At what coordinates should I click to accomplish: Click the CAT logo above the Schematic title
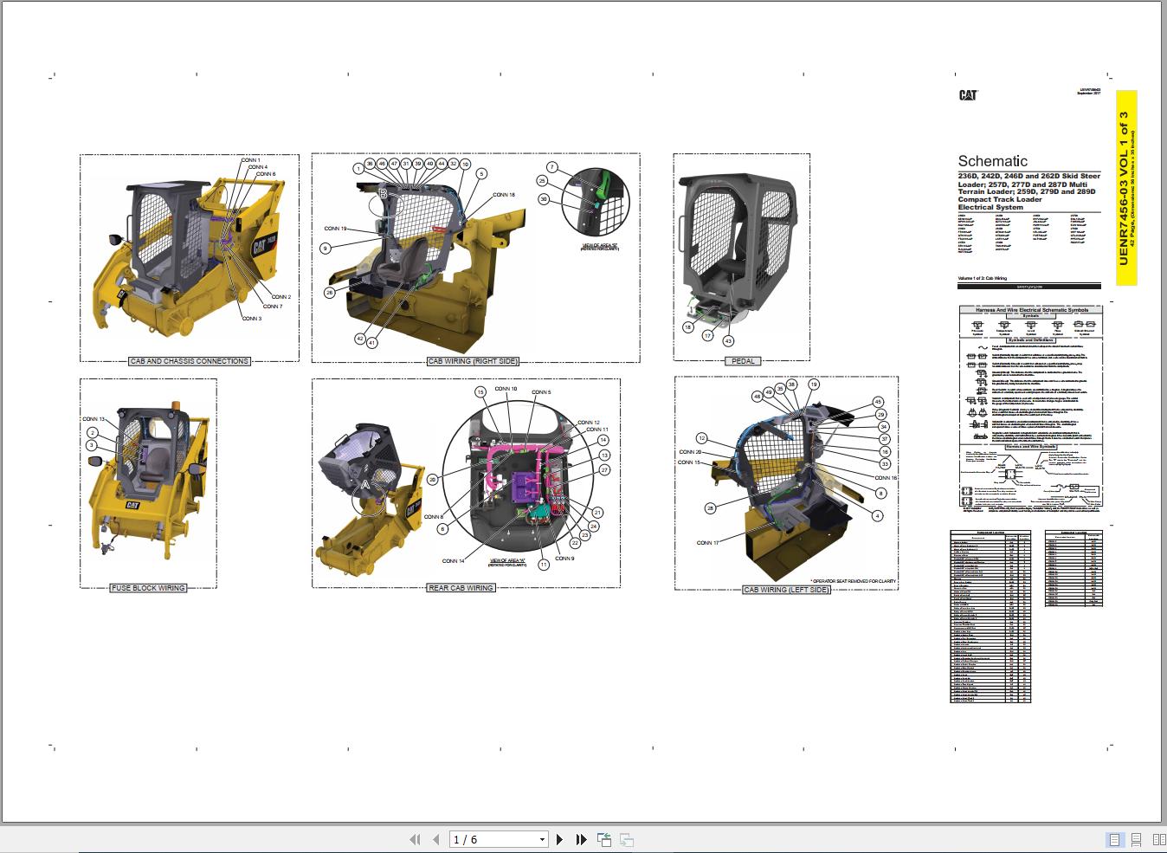(x=968, y=95)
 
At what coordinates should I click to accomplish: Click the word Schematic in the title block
(x=992, y=161)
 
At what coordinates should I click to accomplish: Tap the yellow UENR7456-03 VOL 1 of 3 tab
(x=1125, y=188)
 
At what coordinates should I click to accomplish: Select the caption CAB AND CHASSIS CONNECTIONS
(x=189, y=361)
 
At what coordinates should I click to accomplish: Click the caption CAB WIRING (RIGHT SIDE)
(x=473, y=361)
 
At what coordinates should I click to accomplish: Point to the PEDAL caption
(x=743, y=361)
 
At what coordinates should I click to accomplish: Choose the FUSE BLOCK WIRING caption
(x=148, y=588)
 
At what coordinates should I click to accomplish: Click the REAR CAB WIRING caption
(x=461, y=588)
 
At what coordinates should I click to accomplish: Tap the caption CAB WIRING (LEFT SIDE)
(x=786, y=590)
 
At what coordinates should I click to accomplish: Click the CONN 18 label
(x=503, y=195)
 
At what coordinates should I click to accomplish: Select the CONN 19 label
(x=335, y=229)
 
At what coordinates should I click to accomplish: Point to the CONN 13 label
(x=93, y=419)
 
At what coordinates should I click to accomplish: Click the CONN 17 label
(x=707, y=543)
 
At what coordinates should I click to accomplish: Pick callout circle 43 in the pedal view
(x=728, y=340)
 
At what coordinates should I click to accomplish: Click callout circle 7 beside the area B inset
(x=551, y=167)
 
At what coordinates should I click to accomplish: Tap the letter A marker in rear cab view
(x=365, y=485)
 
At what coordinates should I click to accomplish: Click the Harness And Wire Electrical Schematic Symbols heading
(x=1031, y=309)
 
